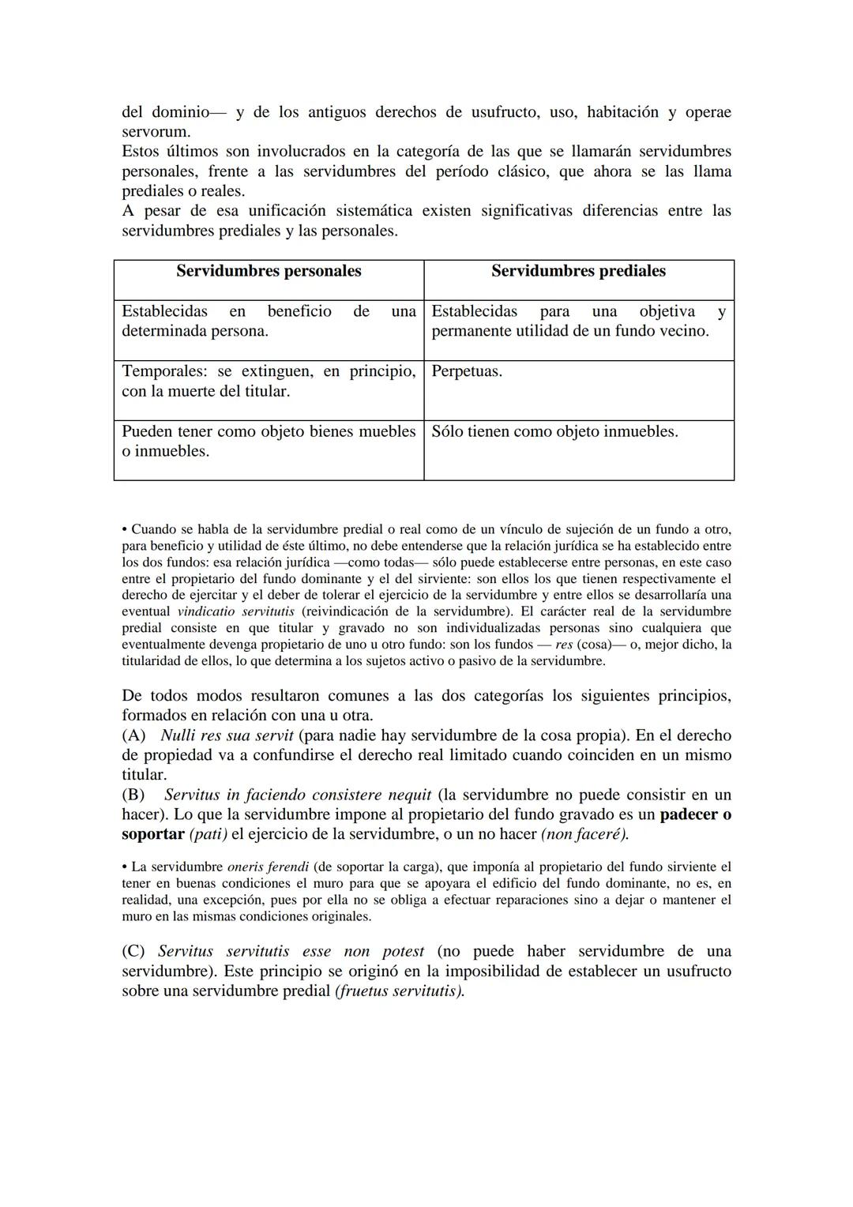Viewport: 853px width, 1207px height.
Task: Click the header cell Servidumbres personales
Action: [x=269, y=271]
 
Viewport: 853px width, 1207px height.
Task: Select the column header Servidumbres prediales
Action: [x=578, y=271]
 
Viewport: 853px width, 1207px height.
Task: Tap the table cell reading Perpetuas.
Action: [x=467, y=371]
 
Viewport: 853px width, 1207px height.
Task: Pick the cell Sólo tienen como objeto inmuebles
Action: [x=554, y=432]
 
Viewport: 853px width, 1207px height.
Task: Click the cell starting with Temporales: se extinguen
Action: [x=269, y=381]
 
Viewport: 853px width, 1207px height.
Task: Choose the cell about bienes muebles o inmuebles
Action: [x=269, y=442]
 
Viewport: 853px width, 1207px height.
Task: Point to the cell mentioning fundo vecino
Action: [x=578, y=321]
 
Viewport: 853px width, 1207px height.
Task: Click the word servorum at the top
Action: [x=156, y=132]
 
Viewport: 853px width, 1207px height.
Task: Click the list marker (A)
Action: [x=134, y=735]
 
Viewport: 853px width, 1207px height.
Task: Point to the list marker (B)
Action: [x=134, y=795]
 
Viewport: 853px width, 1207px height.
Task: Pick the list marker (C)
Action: [x=134, y=951]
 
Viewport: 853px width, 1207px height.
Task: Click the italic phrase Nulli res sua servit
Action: [x=227, y=735]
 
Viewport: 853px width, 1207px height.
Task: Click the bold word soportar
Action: [x=152, y=834]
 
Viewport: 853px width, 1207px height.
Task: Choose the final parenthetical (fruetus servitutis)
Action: [x=400, y=991]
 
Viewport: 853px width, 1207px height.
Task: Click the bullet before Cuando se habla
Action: [x=125, y=529]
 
